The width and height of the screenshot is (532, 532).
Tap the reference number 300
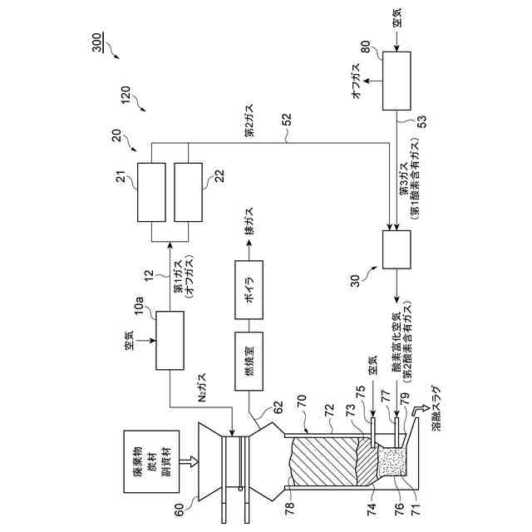98,43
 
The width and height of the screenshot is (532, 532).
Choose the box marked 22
189,192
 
